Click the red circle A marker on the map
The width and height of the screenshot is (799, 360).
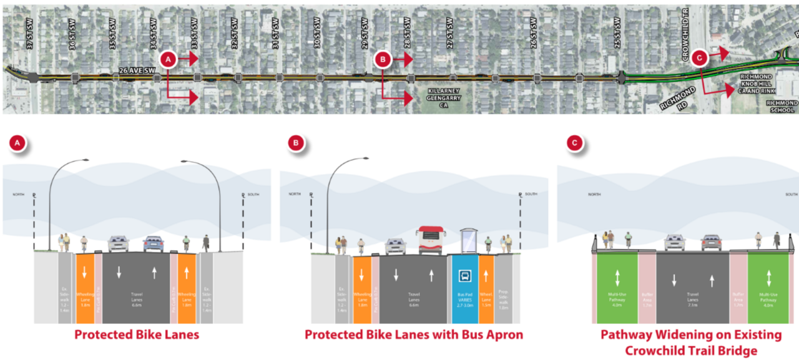click(x=167, y=59)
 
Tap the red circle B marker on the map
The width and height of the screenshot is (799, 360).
click(x=383, y=59)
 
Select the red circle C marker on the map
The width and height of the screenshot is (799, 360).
click(x=699, y=58)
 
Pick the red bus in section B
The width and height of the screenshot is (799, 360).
click(x=431, y=240)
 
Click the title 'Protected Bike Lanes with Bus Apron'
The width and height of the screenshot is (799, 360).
click(x=414, y=335)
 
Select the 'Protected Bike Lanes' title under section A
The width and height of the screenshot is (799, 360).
click(x=137, y=335)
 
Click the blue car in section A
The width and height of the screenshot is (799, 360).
click(x=154, y=243)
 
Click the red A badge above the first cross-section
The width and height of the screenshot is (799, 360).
click(x=18, y=144)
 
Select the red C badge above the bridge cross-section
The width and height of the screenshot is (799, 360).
click(x=574, y=144)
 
